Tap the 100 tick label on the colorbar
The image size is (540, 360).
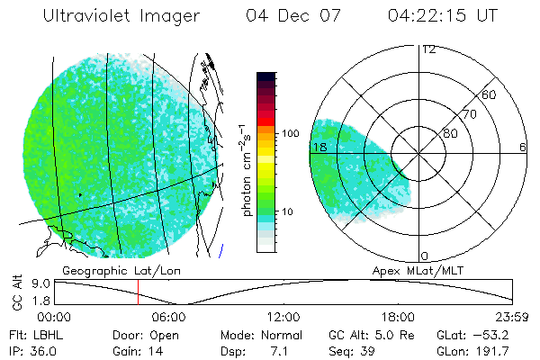click(x=291, y=133)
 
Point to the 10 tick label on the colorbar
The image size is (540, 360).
click(x=287, y=212)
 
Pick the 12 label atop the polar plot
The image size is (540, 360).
click(x=428, y=49)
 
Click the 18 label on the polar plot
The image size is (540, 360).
click(x=318, y=147)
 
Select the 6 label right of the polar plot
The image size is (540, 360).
click(x=523, y=147)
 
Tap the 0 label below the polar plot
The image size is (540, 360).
click(x=425, y=256)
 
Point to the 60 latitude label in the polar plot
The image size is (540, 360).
click(x=490, y=94)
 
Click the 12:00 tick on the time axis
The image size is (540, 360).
click(x=283, y=317)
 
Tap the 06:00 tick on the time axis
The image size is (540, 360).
click(x=169, y=317)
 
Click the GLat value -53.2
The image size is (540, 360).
click(x=492, y=335)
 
